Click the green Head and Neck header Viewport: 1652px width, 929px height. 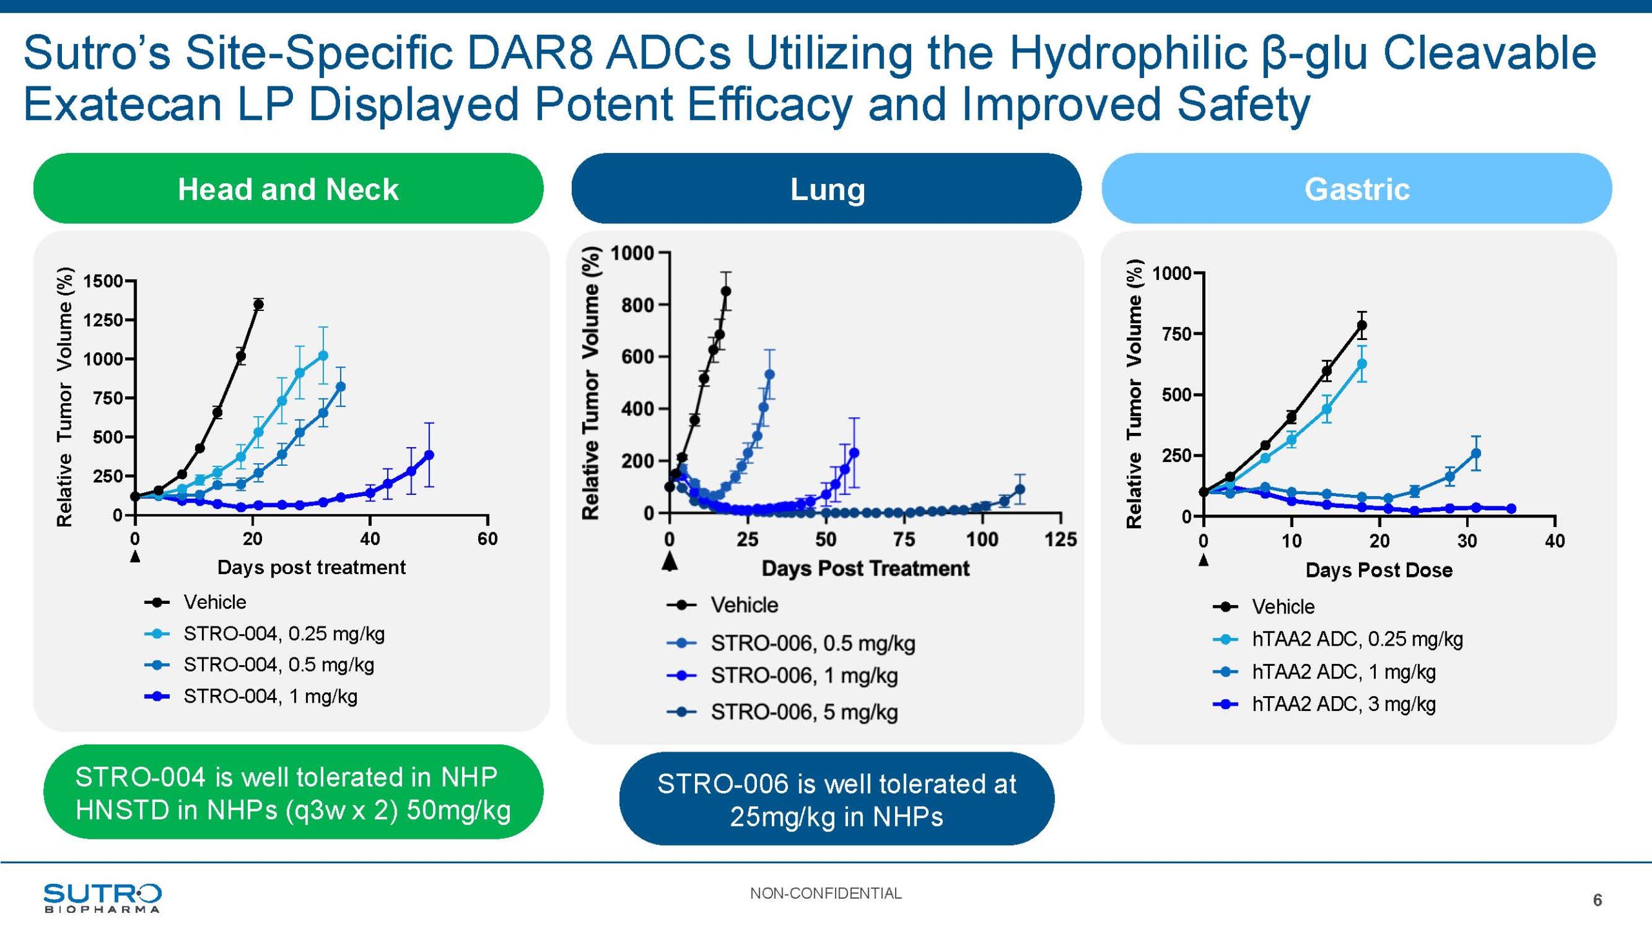(288, 189)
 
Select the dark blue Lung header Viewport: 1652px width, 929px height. (827, 189)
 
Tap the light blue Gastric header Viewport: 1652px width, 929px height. (1356, 189)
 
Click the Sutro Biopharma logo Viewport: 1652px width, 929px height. (102, 897)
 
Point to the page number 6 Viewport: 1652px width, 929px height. (1597, 900)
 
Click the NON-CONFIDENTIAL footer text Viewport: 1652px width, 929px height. (825, 894)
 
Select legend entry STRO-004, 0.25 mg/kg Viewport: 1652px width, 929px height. (284, 634)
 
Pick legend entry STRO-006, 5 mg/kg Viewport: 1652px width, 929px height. (804, 712)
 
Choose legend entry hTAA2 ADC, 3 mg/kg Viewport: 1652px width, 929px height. (1344, 704)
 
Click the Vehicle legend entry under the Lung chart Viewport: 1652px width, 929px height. (744, 605)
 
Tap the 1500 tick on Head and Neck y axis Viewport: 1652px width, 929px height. (103, 281)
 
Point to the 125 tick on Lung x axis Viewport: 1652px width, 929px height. (1060, 539)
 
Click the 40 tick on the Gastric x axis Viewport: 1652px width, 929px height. (1555, 541)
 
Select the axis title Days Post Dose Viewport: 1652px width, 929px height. (1378, 570)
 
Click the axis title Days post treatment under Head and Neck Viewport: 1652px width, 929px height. (311, 568)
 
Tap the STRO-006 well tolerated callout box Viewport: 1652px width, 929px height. (836, 800)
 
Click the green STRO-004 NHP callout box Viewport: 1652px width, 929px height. (293, 793)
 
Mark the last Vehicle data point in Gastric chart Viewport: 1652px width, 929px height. (1362, 326)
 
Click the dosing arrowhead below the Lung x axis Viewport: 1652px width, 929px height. (670, 561)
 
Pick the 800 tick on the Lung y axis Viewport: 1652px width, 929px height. (638, 305)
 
